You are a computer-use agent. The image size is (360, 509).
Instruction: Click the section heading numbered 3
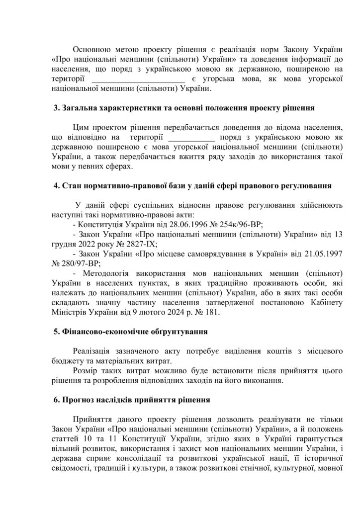click(183, 108)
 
